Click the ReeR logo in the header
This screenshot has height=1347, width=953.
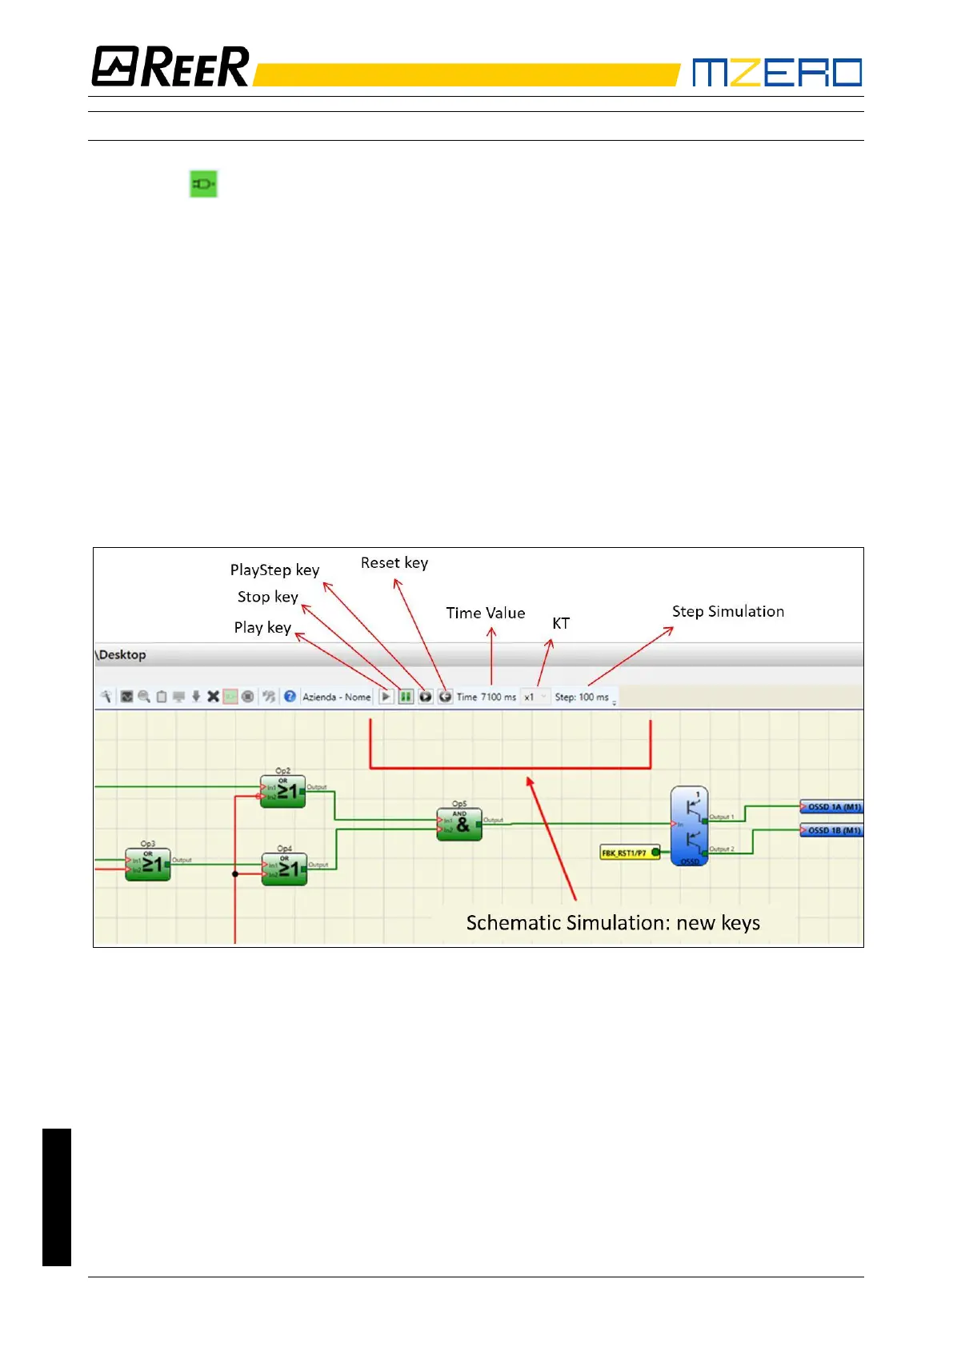(x=170, y=66)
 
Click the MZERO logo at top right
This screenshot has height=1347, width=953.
(x=776, y=72)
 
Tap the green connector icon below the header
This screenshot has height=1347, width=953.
(x=203, y=184)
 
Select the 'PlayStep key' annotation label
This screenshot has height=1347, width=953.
(x=274, y=570)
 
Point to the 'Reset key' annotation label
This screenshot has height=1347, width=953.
(x=394, y=563)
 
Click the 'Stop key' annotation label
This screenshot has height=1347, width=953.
(x=267, y=598)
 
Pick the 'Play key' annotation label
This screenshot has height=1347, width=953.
(x=262, y=628)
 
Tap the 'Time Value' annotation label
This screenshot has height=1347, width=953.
(x=485, y=614)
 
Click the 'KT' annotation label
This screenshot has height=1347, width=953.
(x=561, y=624)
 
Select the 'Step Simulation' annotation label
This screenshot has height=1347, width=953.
(x=727, y=612)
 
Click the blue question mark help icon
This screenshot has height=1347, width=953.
(x=290, y=697)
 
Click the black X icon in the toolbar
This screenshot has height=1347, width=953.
(x=213, y=697)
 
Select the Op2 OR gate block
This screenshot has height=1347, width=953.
(x=282, y=792)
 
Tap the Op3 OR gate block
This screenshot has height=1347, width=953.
(x=148, y=865)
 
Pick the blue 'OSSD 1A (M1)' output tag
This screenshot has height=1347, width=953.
(x=831, y=807)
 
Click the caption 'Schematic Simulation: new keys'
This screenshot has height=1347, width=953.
(x=613, y=923)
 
